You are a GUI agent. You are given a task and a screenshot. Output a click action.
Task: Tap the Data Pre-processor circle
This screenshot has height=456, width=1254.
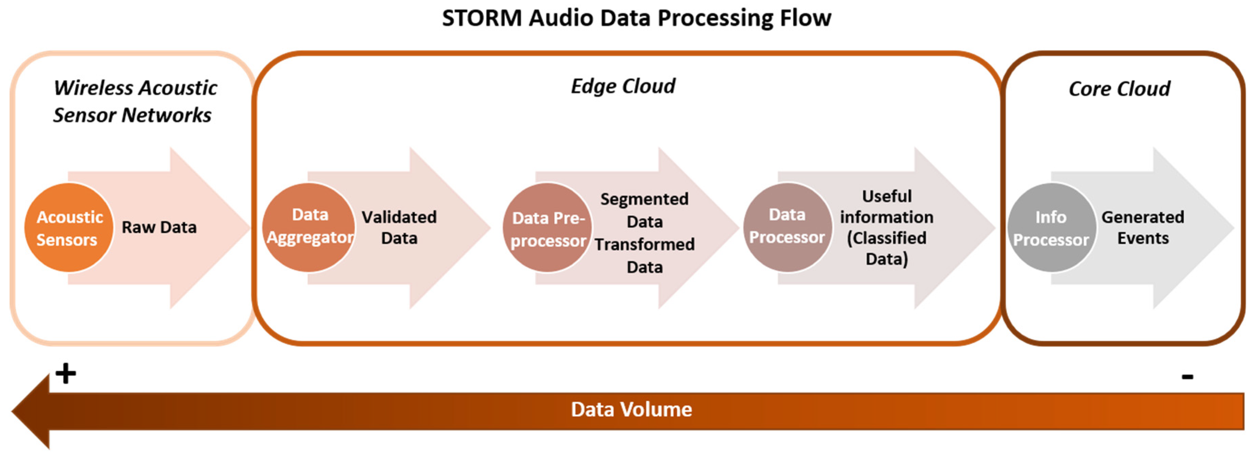tap(548, 228)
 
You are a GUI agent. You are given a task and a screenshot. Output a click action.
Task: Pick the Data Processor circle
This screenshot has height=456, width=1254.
tap(787, 227)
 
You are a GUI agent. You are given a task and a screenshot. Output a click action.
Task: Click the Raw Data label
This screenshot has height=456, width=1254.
tap(159, 227)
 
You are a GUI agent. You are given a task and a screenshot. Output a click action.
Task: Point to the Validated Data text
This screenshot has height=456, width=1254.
tap(399, 227)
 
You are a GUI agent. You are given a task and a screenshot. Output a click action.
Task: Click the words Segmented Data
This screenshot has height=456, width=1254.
tap(644, 210)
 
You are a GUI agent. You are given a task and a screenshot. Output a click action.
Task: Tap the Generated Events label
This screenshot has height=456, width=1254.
tap(1143, 227)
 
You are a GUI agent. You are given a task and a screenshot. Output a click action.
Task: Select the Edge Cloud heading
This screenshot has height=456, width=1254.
tap(623, 86)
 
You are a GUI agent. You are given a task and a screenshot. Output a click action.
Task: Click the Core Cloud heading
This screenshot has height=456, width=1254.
tap(1119, 89)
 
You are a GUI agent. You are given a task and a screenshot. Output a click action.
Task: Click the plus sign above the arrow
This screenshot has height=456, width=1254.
tap(66, 374)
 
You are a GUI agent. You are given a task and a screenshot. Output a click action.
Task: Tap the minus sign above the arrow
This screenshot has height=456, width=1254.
tap(1187, 376)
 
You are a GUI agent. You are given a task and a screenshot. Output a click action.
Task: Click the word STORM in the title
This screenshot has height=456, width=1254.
tap(482, 18)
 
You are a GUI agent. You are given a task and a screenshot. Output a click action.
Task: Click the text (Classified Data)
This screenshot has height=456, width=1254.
tap(887, 248)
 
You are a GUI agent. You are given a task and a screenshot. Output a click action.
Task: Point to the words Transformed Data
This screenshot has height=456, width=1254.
tap(644, 255)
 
